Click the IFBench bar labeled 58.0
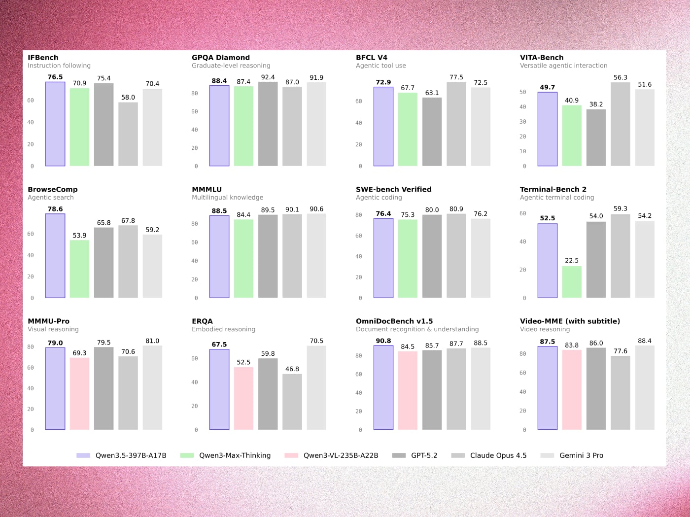click(x=128, y=134)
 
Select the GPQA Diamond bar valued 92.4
click(x=268, y=124)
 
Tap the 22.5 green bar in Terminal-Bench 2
click(x=572, y=282)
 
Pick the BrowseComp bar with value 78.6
click(x=55, y=256)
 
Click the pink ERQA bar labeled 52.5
click(x=243, y=398)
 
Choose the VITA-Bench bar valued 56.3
click(x=621, y=124)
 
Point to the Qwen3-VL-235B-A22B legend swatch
click(x=291, y=455)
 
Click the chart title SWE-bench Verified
click(x=393, y=189)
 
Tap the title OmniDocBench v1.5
click(x=394, y=321)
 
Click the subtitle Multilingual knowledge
click(x=227, y=197)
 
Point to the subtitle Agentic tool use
click(x=380, y=66)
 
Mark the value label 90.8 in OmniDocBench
click(x=383, y=341)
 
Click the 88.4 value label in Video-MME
click(x=645, y=341)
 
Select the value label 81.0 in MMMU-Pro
click(x=152, y=341)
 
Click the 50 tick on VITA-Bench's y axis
click(x=523, y=92)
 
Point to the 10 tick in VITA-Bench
click(x=523, y=151)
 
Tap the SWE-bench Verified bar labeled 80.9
click(x=456, y=256)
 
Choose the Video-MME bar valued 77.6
click(x=621, y=393)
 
